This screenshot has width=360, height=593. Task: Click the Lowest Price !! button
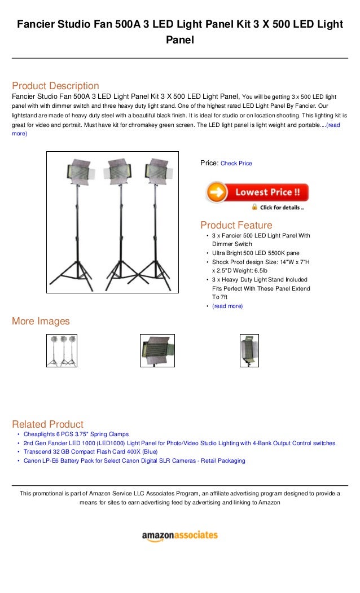point(257,192)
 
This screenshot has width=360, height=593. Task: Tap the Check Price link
point(236,164)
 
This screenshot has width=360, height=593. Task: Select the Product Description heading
point(55,86)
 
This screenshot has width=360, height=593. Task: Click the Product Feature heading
point(236,225)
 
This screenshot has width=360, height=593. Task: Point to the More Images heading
point(41,321)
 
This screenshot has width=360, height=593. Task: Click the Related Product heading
point(47,424)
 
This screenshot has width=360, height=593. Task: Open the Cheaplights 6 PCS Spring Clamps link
point(76,434)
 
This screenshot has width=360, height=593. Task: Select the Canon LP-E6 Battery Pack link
point(134,461)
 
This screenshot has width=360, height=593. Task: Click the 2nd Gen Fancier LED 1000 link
point(179,443)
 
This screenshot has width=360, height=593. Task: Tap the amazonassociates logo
point(179,535)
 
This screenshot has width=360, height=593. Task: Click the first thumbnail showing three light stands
point(62,350)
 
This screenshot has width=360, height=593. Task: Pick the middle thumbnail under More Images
point(157,350)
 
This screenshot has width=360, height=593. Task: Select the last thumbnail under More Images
point(249,350)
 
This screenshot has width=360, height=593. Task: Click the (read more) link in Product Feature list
point(227,306)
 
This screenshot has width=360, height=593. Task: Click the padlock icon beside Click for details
point(254,207)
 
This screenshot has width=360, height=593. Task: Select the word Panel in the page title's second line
point(179,40)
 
